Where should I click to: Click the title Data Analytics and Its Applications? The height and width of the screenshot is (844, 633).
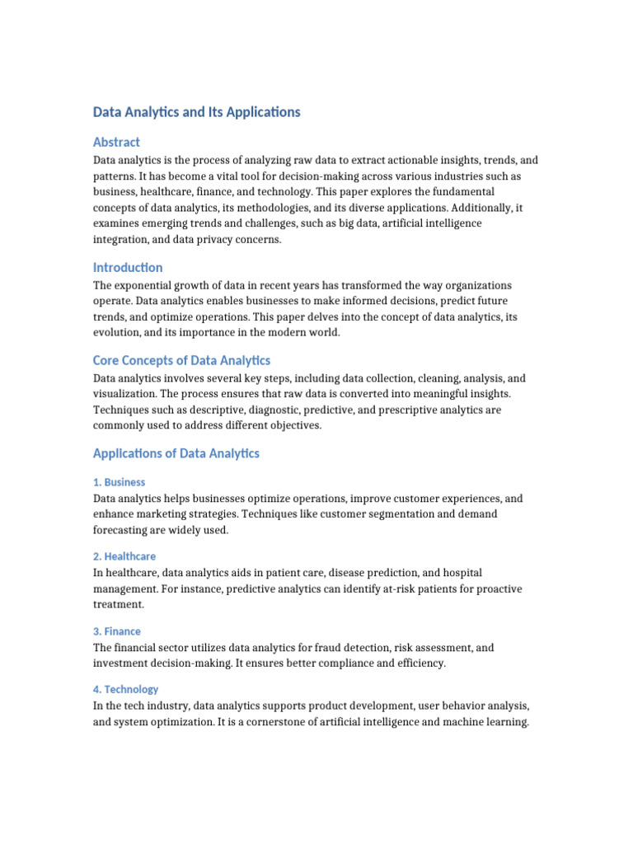[196, 112]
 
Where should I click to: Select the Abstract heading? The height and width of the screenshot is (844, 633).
[116, 142]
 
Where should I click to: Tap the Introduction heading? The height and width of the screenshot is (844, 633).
[128, 267]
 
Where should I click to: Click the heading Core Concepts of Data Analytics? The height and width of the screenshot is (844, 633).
[181, 360]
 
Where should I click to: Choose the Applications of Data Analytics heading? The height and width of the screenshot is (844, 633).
[176, 453]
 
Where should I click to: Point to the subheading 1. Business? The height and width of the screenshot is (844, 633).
[119, 482]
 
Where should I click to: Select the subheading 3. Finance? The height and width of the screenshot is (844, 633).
[116, 631]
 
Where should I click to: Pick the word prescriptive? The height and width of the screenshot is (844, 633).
[360, 410]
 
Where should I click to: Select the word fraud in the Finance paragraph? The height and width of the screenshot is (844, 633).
[323, 648]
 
